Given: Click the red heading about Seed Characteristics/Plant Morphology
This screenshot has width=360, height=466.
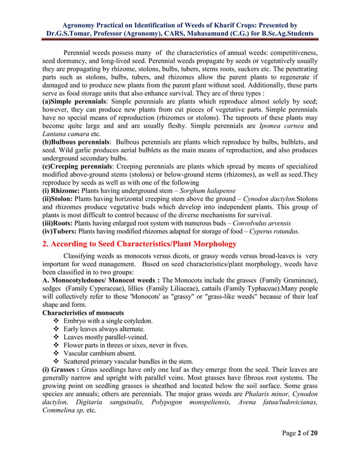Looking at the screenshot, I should click(139, 244).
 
